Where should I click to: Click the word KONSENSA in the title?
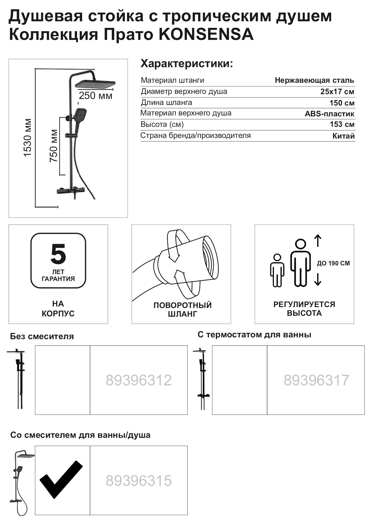pyautogui.click(x=206, y=34)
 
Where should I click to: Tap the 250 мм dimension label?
pyautogui.click(x=95, y=96)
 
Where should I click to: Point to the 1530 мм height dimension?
pyautogui.click(x=28, y=138)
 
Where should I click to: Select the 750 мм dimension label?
pyautogui.click(x=54, y=146)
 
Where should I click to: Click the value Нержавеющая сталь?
pyautogui.click(x=314, y=80)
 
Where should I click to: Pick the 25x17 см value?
pyautogui.click(x=337, y=91)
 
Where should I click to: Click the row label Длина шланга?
pyautogui.click(x=166, y=103)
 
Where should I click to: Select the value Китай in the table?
pyautogui.click(x=343, y=136)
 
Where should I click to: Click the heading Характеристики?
pyautogui.click(x=186, y=64)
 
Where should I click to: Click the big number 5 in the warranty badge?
pyautogui.click(x=58, y=254)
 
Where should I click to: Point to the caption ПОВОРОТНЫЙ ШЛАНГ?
pyautogui.click(x=182, y=309)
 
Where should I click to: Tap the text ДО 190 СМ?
pyautogui.click(x=333, y=263)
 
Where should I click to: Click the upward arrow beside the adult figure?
pyautogui.click(x=318, y=241)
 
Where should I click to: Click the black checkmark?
pyautogui.click(x=61, y=479)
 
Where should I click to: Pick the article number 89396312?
pyautogui.click(x=138, y=380)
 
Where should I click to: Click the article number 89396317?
pyautogui.click(x=316, y=380)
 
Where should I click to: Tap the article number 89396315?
pyautogui.click(x=138, y=480)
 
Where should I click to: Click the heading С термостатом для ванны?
pyautogui.click(x=254, y=335)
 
